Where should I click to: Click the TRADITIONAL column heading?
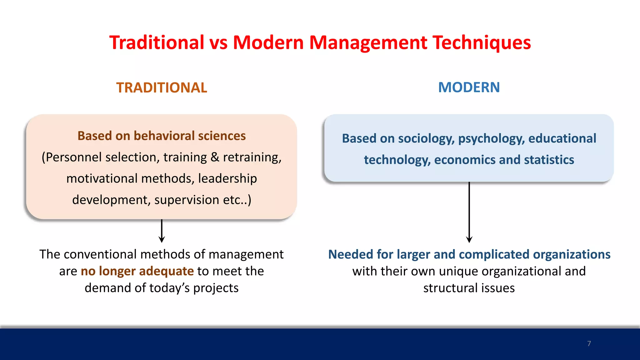162,87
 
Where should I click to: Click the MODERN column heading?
469,87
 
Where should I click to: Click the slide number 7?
589,343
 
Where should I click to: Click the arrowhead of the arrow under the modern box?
469,240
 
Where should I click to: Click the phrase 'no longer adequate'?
137,271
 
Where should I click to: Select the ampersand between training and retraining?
215,157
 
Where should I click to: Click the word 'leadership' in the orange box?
227,178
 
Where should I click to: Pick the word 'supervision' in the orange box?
187,200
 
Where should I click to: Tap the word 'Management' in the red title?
368,42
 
